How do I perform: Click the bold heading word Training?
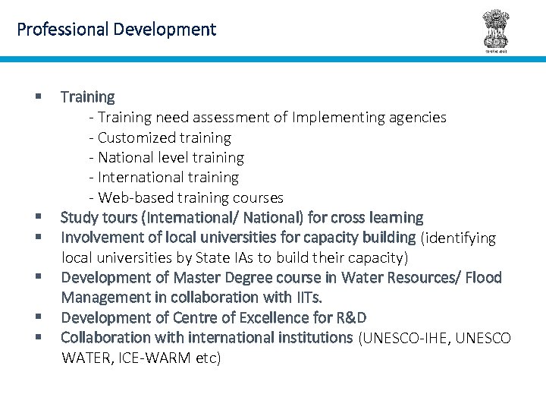tap(88, 97)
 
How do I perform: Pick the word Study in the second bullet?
tap(80, 218)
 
